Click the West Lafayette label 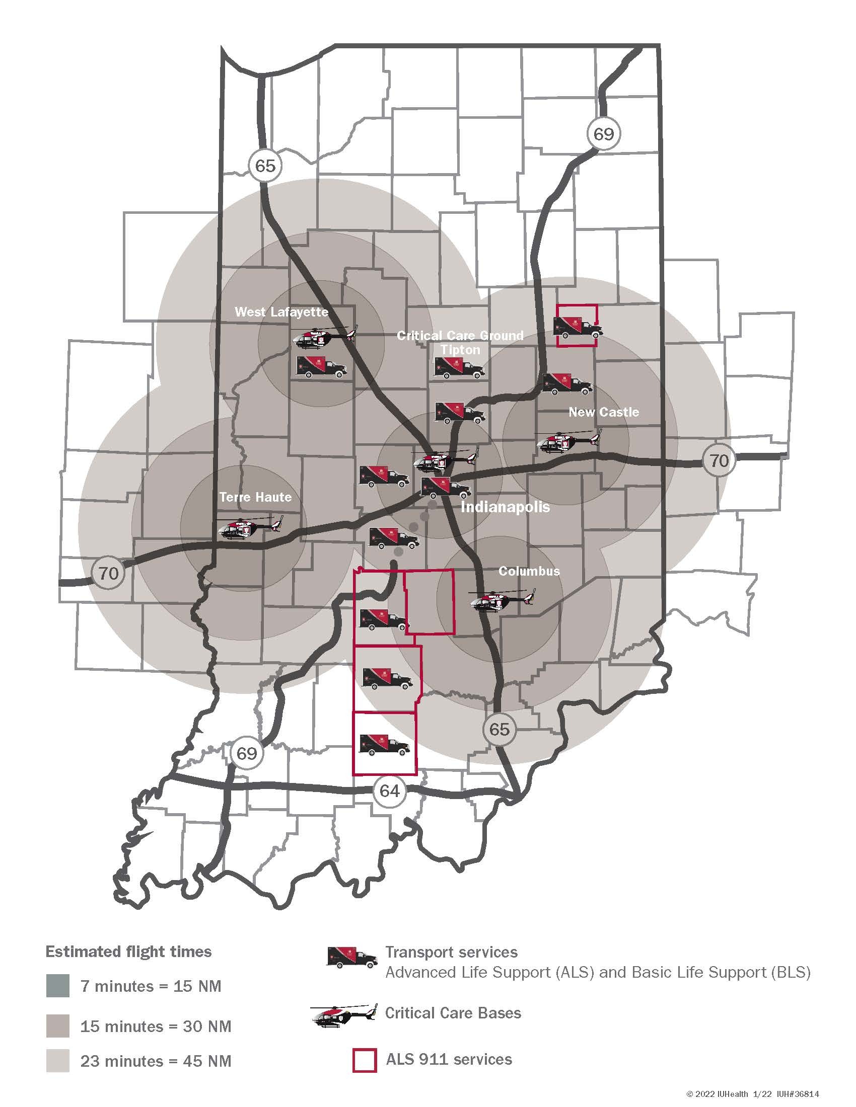pos(281,312)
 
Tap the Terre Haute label pos(256,497)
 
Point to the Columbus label pos(529,571)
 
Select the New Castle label pos(603,412)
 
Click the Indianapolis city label pos(505,507)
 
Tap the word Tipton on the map pos(460,350)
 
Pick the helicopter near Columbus pos(503,600)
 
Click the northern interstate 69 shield pos(603,134)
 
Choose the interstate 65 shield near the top pos(265,165)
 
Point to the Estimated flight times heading pos(128,952)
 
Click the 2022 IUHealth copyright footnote pos(753,1094)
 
